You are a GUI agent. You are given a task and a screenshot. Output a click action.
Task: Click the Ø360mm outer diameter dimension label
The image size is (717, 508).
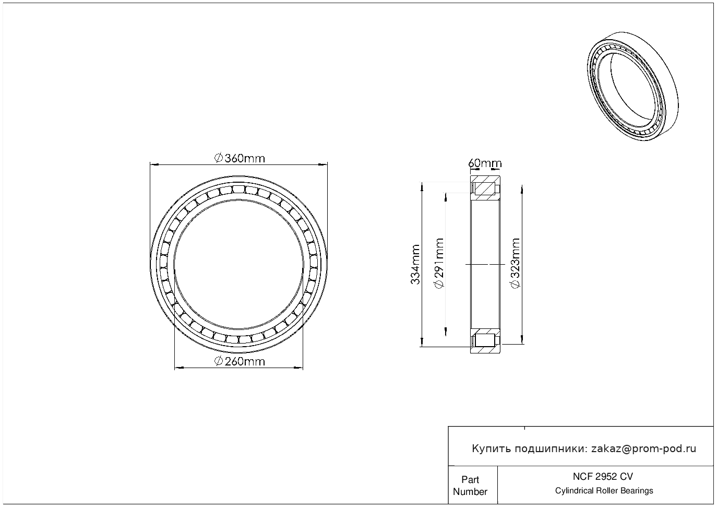point(240,158)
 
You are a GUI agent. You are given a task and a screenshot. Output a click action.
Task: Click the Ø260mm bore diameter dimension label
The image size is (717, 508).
point(240,361)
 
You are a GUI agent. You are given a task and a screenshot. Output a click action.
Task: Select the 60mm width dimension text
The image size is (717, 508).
point(485,163)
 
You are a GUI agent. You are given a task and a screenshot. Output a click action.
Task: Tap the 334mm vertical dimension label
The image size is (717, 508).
point(415,265)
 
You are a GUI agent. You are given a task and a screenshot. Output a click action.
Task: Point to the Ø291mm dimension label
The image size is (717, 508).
point(439,263)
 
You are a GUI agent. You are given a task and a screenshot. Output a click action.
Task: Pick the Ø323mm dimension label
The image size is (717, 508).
point(516,263)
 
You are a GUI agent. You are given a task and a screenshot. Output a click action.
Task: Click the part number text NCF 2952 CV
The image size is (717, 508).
point(603,477)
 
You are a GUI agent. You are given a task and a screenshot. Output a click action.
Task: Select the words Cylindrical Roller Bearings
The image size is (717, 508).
point(604,491)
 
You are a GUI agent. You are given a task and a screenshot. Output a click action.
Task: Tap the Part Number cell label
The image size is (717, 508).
point(470,486)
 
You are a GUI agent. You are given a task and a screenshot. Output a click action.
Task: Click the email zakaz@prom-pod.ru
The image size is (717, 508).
point(643,449)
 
